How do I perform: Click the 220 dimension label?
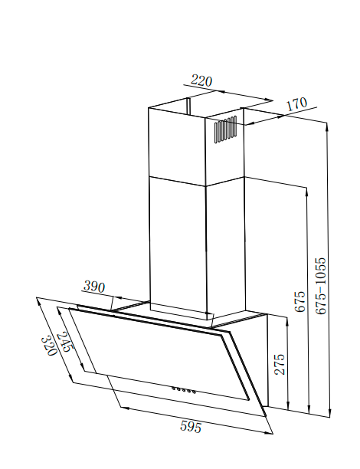point(201,80)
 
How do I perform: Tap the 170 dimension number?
point(296,103)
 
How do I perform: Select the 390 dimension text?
point(94,287)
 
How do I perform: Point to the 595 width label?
point(191,427)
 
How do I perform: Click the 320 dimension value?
point(48,346)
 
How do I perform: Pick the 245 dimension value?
point(64,342)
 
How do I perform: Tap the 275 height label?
point(280,364)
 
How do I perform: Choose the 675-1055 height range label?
point(321,286)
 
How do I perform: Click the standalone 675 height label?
point(300,301)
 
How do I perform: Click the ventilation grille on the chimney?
point(226,130)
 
